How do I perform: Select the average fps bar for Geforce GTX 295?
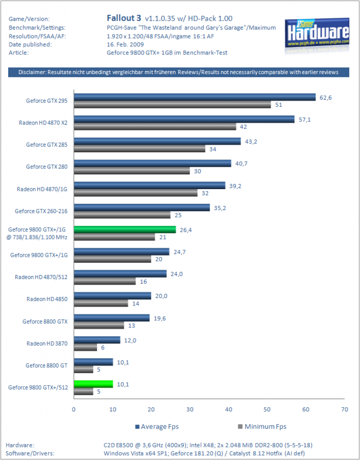pyautogui.click(x=195, y=97)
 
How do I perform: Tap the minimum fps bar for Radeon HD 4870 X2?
pyautogui.click(x=155, y=127)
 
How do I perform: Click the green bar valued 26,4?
pyautogui.click(x=125, y=230)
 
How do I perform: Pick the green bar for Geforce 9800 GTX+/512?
pyautogui.click(x=93, y=384)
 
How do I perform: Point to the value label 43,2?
pyautogui.click(x=251, y=142)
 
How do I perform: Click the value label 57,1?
pyautogui.click(x=305, y=119)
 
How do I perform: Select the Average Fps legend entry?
pyautogui.click(x=157, y=427)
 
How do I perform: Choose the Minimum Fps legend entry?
pyautogui.click(x=262, y=427)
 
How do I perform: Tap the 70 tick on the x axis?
pyautogui.click(x=344, y=410)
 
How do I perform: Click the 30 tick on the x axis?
pyautogui.click(x=190, y=410)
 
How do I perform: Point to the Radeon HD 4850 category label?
pyautogui.click(x=47, y=299)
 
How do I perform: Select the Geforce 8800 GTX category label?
pyautogui.click(x=45, y=322)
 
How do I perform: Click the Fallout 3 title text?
pyautogui.click(x=124, y=18)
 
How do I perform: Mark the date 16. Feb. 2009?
pyautogui.click(x=125, y=44)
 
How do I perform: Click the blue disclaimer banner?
pyautogui.click(x=179, y=72)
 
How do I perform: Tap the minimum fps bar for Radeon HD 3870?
pyautogui.click(x=85, y=347)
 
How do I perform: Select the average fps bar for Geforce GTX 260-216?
pyautogui.click(x=142, y=208)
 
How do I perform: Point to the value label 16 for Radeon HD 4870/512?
pyautogui.click(x=143, y=282)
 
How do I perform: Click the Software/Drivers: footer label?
pyautogui.click(x=30, y=454)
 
